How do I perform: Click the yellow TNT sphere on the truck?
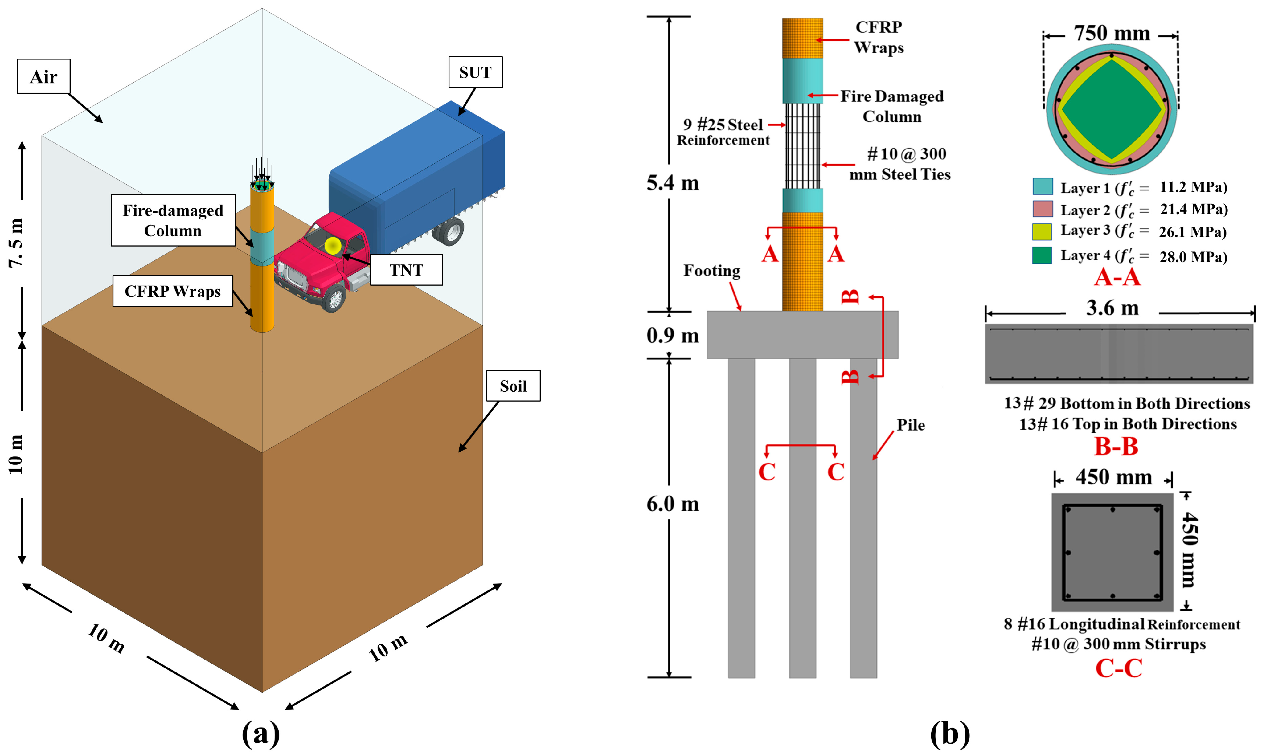click(333, 246)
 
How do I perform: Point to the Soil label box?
click(513, 386)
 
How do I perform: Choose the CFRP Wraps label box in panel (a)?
click(173, 291)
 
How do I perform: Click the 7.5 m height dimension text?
click(16, 243)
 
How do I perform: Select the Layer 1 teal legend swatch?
click(1043, 186)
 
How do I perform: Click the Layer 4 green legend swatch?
click(1043, 255)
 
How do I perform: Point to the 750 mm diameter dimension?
click(1112, 34)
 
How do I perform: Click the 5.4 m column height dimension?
click(673, 183)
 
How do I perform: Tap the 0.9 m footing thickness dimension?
click(673, 335)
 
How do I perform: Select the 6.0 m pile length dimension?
click(673, 504)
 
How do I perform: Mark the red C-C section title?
click(1118, 668)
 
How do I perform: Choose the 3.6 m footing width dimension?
click(1112, 308)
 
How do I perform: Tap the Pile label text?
click(911, 425)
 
